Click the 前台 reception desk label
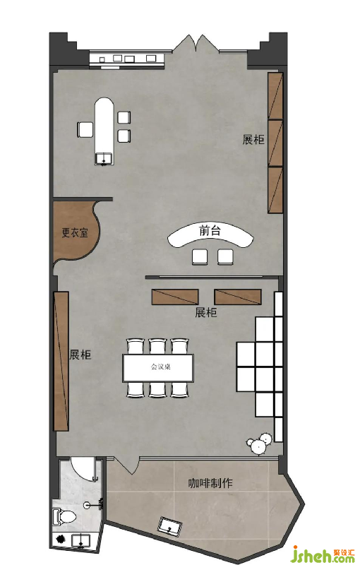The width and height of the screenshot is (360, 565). coord(210,230)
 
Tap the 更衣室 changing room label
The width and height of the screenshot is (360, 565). coord(75,232)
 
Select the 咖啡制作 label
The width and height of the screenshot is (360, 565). coord(210,483)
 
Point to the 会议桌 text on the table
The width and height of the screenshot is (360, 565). coord(160,367)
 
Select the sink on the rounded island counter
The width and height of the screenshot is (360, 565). coord(104,158)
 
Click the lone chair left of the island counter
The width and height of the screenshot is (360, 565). coord(85,129)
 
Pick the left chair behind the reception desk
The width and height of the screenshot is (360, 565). coord(200,256)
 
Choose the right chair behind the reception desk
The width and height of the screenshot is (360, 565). coord(225,256)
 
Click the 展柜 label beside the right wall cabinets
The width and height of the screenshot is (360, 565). coord(253,139)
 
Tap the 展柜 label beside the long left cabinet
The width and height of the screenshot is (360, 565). coord(80,355)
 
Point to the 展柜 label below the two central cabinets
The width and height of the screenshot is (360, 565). coord(206,312)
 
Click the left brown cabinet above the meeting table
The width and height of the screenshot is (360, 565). coord(175,297)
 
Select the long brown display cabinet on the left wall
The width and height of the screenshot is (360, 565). coord(61,361)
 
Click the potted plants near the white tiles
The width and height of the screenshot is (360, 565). coord(260,444)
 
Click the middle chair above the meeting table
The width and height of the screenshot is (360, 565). coord(157,346)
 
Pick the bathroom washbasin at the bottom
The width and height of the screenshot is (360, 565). coord(80,540)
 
